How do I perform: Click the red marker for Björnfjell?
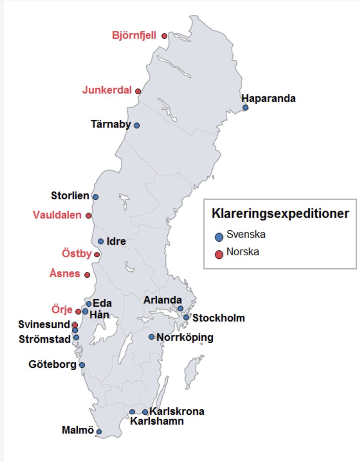pos(164,36)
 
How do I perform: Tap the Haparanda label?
pos(268,99)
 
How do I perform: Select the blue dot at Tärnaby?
pos(137,125)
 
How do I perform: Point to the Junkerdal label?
pos(107,90)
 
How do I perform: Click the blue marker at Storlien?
pos(95,197)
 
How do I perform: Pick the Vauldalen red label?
pos(57,215)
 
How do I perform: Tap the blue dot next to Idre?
pos(101,241)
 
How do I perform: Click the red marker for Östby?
pos(97,254)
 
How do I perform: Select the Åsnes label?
pos(65,274)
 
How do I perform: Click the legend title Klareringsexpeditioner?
pos(280,214)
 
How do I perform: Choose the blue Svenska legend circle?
pos(219,237)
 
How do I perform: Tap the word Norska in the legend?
pos(243,252)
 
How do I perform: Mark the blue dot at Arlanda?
pos(180,308)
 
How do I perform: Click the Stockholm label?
pos(218,318)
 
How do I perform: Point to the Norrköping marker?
pos(152,337)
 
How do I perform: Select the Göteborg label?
pos(52,364)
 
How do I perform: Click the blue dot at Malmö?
pos(99,432)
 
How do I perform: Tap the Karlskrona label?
pos(177,411)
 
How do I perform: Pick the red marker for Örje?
pos(78,311)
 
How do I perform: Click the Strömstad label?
pos(45,339)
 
